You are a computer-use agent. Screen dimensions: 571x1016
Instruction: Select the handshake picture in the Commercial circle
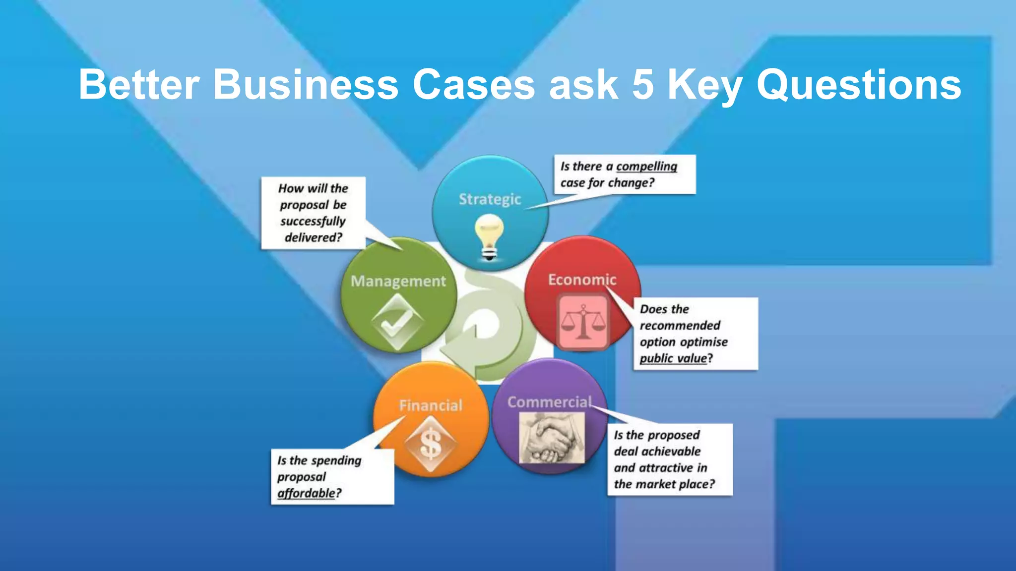tap(552, 438)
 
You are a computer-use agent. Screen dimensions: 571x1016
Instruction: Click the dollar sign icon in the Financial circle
tap(431, 444)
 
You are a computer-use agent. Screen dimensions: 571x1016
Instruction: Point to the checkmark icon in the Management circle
tap(397, 323)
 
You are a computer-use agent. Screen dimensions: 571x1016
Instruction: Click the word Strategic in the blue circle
tap(490, 199)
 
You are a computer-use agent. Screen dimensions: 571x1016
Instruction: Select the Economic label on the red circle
tap(582, 280)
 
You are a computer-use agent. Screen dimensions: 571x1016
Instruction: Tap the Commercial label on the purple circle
tap(549, 402)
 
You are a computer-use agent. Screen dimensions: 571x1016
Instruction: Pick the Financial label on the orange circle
tap(431, 405)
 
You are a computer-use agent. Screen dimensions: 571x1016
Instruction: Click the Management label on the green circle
tap(398, 281)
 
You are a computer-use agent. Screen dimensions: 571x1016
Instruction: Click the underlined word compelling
tap(646, 167)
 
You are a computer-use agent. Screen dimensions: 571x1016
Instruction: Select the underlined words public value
tap(673, 358)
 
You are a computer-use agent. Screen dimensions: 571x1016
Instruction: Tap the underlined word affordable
tap(307, 493)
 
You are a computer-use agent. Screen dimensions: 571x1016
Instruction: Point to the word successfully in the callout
tap(313, 221)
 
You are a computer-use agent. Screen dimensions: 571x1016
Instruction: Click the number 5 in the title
tap(643, 84)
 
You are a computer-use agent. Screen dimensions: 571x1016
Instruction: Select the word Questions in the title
tap(859, 84)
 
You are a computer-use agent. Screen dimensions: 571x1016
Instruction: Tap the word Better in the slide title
tap(139, 84)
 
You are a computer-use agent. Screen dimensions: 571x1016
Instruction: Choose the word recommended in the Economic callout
tap(680, 326)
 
